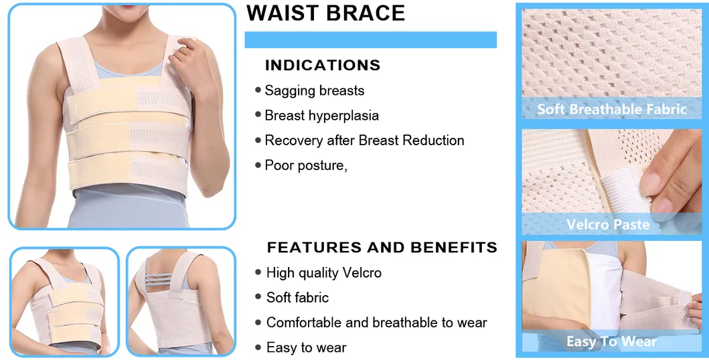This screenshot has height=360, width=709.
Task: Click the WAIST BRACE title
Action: tap(325, 13)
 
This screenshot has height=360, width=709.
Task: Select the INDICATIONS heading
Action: tap(323, 66)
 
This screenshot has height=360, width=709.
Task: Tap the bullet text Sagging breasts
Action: tap(314, 90)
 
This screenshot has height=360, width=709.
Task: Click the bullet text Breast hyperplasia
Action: tap(321, 115)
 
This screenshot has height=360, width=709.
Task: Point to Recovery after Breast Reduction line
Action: tap(364, 141)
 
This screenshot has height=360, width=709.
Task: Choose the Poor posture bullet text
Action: tap(306, 165)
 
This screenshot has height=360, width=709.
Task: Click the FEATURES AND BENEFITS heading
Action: tap(382, 248)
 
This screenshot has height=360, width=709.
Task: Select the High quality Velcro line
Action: tap(323, 273)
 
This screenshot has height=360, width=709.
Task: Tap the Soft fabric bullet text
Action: tap(297, 298)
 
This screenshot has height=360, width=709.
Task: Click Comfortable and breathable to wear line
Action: tap(376, 323)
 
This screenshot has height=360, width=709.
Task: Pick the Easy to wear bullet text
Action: tap(306, 347)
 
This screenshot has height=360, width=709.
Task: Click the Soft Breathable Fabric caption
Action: tap(612, 109)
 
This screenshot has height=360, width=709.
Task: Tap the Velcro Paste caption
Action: tap(608, 224)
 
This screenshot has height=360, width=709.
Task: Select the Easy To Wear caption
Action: tap(611, 342)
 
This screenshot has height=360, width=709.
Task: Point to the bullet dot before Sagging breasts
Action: tap(258, 90)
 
